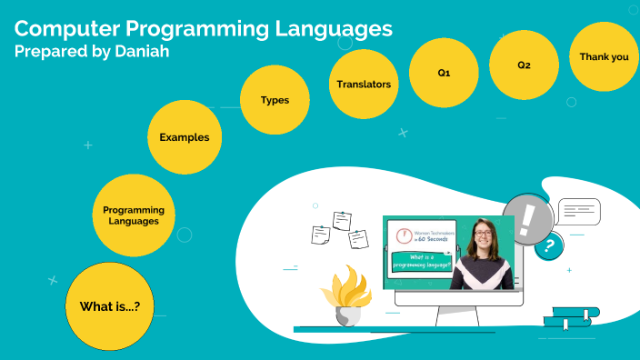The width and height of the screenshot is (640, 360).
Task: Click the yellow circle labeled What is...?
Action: click(x=110, y=306)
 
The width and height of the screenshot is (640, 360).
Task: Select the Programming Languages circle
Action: click(x=134, y=215)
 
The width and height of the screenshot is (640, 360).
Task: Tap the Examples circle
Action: click(x=185, y=137)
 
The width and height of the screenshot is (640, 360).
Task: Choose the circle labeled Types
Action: click(x=275, y=100)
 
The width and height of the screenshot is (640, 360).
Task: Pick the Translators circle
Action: click(x=364, y=85)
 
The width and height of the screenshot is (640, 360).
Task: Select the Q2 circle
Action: click(x=524, y=65)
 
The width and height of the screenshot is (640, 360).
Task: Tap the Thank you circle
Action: click(x=604, y=56)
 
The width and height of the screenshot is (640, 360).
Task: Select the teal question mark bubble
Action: click(x=547, y=245)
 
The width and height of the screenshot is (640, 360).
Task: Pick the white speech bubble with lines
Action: click(x=578, y=211)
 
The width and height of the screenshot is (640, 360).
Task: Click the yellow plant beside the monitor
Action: click(x=346, y=286)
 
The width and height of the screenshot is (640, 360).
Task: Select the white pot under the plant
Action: click(x=348, y=315)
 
